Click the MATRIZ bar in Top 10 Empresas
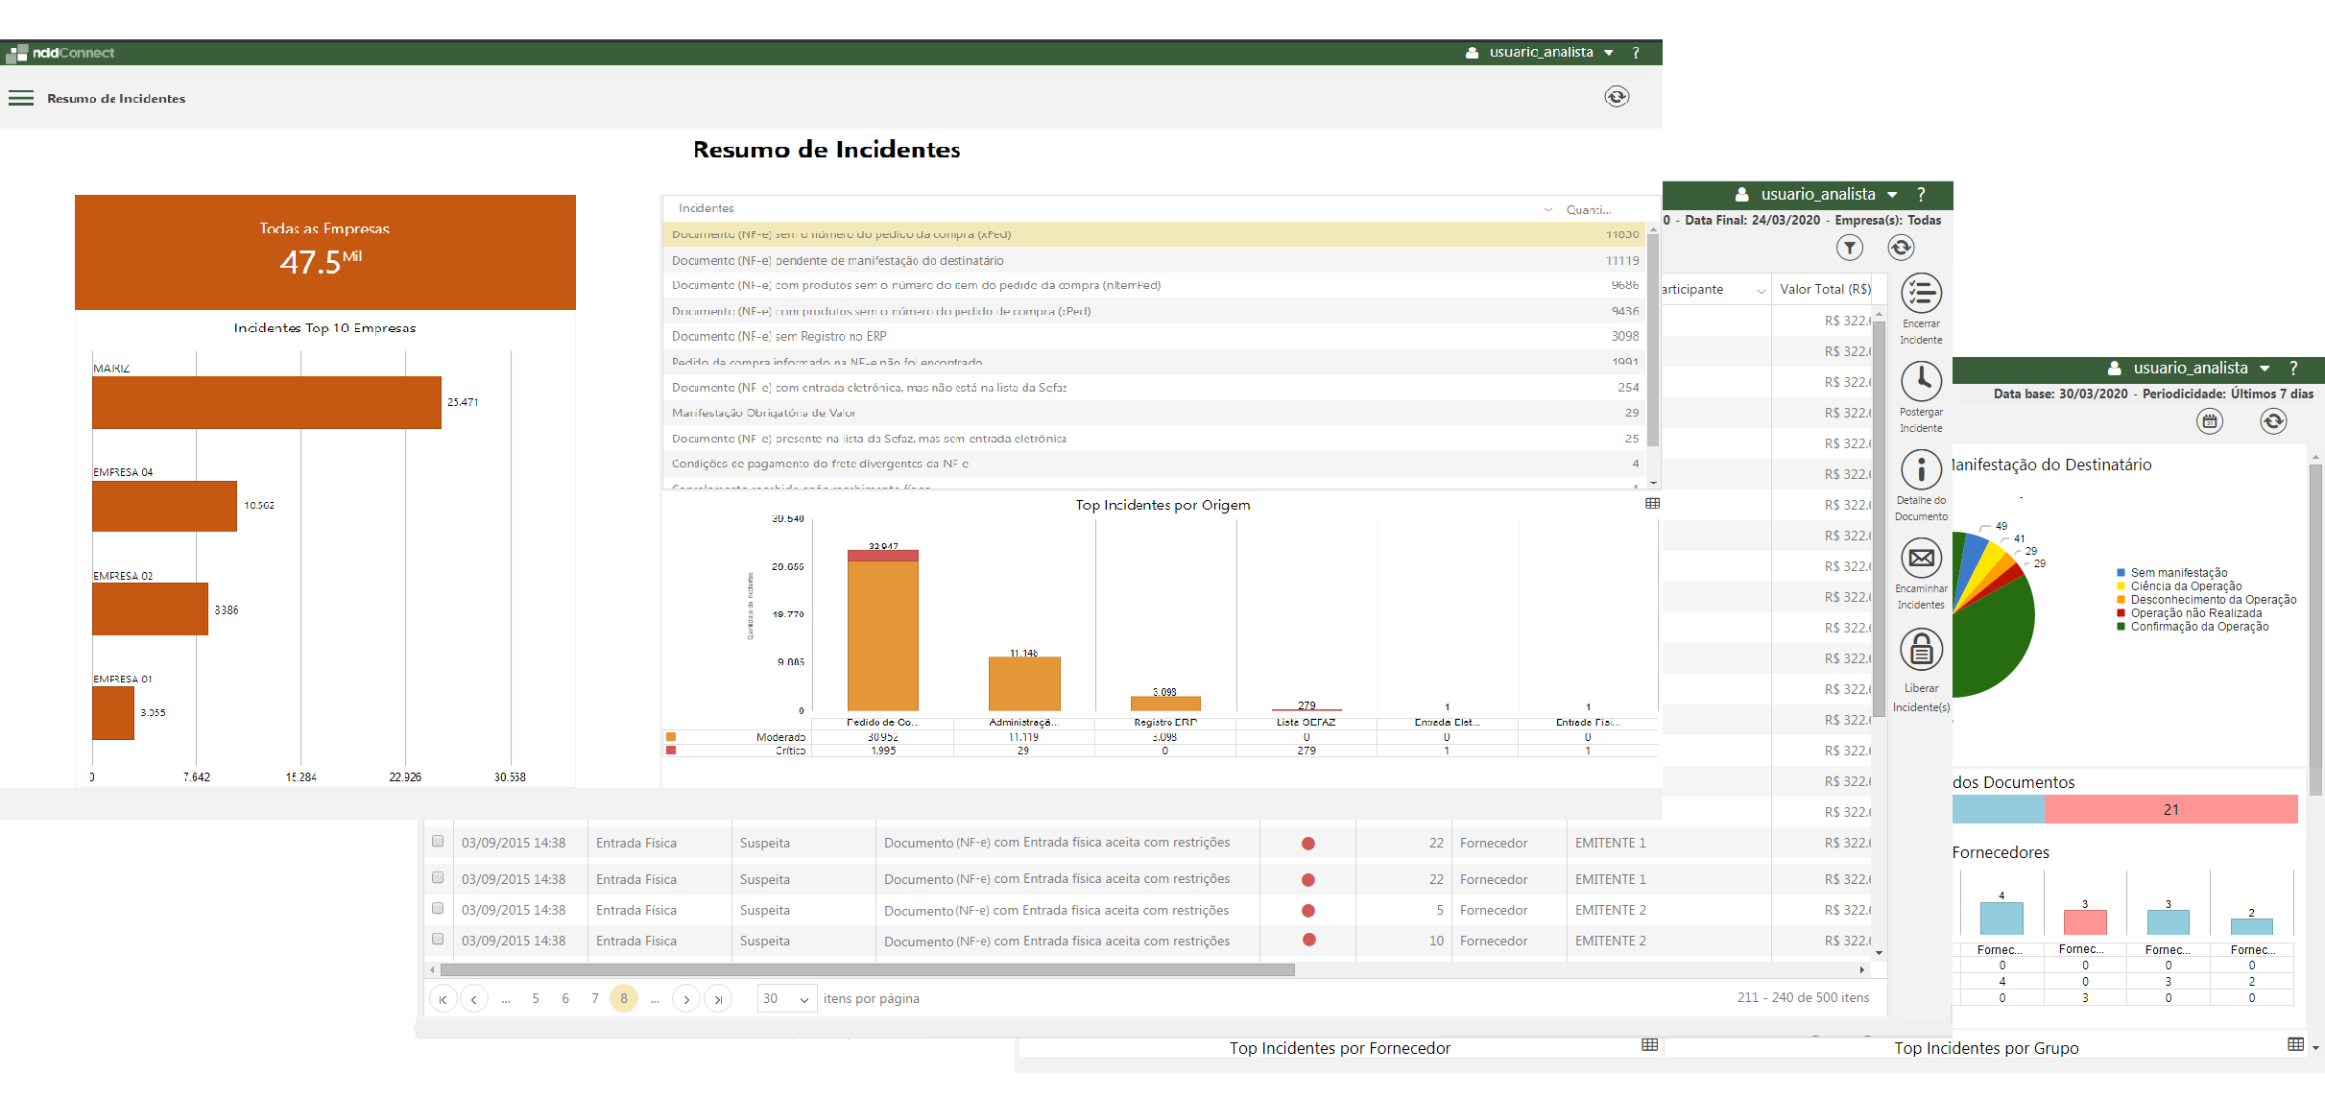pos(266,402)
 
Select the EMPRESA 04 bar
pos(164,506)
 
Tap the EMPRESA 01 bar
pos(113,713)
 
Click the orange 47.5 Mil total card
pos(324,252)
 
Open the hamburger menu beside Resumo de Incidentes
pos(21,98)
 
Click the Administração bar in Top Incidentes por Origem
pos(1024,683)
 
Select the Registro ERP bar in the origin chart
pos(1165,704)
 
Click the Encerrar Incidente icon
pos(1921,294)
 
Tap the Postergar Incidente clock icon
pos(1921,381)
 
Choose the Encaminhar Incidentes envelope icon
pos(1921,558)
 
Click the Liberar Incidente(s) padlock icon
pos(1921,650)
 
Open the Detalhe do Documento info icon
pos(1921,469)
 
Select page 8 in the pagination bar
pos(624,998)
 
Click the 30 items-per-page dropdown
pos(786,998)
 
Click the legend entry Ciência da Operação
pos(2186,586)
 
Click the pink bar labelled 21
pos(2170,810)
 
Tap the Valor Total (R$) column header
pos(1825,289)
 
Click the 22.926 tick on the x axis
pos(405,776)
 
